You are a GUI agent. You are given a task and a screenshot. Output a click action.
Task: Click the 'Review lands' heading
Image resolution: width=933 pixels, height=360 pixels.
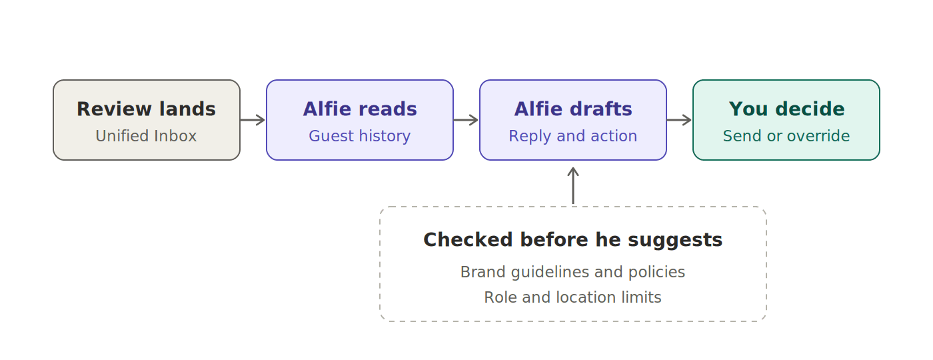click(146, 109)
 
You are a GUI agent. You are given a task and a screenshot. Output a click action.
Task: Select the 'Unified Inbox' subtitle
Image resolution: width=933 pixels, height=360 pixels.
click(146, 136)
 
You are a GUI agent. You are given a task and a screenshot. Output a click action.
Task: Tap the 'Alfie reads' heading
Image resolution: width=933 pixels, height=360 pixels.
click(360, 109)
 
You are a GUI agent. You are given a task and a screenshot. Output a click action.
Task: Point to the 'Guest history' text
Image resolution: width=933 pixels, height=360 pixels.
click(360, 136)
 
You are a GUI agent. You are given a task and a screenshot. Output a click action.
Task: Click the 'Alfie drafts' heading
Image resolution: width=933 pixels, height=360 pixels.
click(573, 109)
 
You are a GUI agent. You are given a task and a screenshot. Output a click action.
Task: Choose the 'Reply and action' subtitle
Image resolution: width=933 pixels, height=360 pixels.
click(573, 136)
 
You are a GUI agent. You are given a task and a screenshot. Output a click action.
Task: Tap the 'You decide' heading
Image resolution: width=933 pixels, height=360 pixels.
click(786, 109)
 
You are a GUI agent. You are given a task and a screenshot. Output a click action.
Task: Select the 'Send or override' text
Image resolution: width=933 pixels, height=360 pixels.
click(786, 136)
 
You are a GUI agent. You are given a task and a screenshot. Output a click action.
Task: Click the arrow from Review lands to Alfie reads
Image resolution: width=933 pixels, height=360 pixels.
click(253, 120)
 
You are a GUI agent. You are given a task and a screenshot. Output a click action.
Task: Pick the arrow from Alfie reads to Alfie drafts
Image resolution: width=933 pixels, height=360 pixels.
click(466, 120)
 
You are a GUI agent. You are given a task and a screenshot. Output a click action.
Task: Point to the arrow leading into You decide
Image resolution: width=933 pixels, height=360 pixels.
click(679, 120)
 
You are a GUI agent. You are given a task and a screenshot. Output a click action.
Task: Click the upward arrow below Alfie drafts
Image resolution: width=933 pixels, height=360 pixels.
click(573, 186)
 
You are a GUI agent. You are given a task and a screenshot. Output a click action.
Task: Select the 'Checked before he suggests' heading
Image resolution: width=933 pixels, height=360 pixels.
click(573, 240)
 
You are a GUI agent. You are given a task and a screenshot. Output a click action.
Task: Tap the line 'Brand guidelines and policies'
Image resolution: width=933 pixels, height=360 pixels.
click(572, 272)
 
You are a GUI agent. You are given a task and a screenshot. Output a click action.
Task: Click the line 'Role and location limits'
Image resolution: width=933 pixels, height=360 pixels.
click(572, 297)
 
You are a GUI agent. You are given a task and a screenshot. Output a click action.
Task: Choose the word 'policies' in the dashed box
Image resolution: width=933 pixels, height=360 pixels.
click(657, 272)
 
